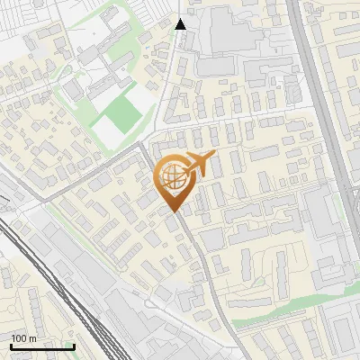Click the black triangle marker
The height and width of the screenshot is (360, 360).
click(181, 24)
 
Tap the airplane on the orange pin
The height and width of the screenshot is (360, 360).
click(198, 165)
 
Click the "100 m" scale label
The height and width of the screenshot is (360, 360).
click(23, 338)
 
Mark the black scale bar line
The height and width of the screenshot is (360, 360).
click(42, 346)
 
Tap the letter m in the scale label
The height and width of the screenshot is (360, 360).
click(32, 338)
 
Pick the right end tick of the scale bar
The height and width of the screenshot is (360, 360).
click(74, 345)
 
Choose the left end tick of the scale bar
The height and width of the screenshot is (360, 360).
click(11, 345)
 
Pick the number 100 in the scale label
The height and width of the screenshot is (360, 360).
click(19, 338)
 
